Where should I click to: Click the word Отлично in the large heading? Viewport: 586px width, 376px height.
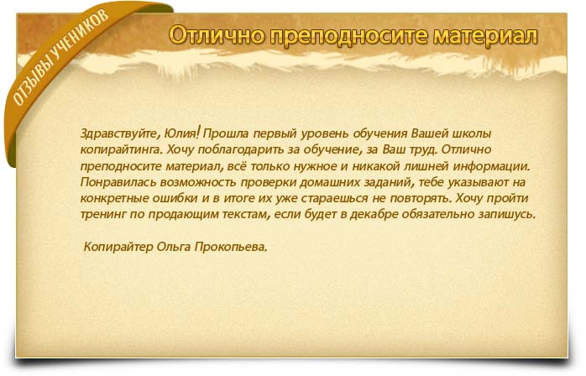click(x=217, y=35)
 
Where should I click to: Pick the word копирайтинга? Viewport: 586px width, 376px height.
click(x=121, y=150)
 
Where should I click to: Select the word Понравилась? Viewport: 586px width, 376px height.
click(x=118, y=182)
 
